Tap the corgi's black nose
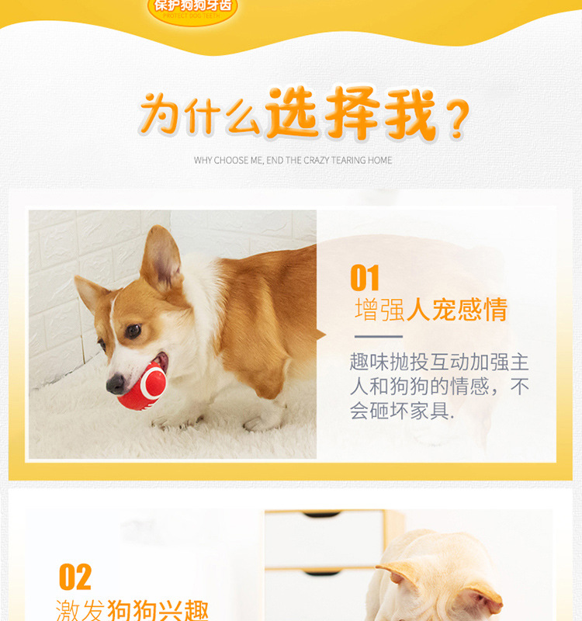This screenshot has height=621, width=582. click(x=116, y=383)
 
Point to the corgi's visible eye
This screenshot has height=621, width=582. click(x=133, y=331)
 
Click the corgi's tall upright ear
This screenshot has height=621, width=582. click(x=161, y=258)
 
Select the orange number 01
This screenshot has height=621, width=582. click(x=365, y=278)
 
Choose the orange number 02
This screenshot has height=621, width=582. click(x=75, y=577)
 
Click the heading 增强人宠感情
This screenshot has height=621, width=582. click(x=431, y=310)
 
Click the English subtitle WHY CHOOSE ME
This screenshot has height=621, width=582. click(x=293, y=161)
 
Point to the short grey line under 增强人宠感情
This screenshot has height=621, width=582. click(x=379, y=337)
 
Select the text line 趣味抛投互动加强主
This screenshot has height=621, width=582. click(x=439, y=362)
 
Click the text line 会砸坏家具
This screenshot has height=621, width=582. click(x=402, y=411)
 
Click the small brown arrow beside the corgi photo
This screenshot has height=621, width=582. click(x=320, y=335)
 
